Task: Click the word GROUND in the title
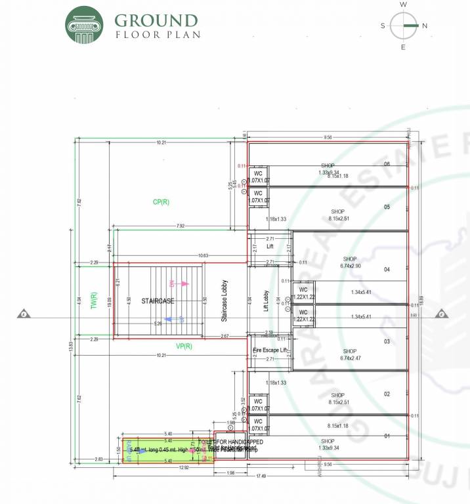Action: [156, 21]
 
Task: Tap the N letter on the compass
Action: [425, 26]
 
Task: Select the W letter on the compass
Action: [403, 5]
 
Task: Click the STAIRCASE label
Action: [158, 301]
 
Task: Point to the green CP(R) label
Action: [161, 202]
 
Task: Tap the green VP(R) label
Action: [184, 346]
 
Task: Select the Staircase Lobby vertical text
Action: [224, 299]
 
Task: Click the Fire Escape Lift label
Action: [270, 351]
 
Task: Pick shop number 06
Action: [387, 164]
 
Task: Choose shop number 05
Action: [387, 207]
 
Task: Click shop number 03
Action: [387, 342]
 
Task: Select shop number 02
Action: [387, 394]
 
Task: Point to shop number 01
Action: [387, 436]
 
